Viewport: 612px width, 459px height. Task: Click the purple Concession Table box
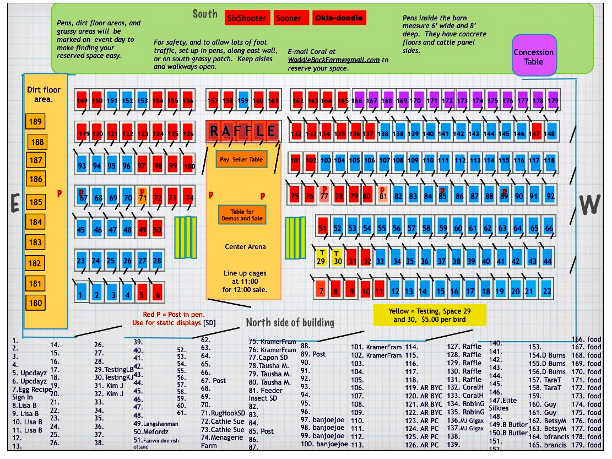pyautogui.click(x=533, y=56)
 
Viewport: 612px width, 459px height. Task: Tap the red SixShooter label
pyautogui.click(x=247, y=18)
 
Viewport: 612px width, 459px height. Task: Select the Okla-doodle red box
pyautogui.click(x=339, y=18)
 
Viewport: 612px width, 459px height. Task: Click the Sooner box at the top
pyautogui.click(x=289, y=18)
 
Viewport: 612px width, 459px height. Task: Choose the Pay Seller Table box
pyautogui.click(x=241, y=159)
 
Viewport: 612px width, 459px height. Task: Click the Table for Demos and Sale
pyautogui.click(x=242, y=214)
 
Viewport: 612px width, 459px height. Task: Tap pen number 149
pyautogui.click(x=82, y=101)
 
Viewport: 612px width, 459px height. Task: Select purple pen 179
pyautogui.click(x=553, y=101)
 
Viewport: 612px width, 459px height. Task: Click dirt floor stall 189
pyautogui.click(x=35, y=122)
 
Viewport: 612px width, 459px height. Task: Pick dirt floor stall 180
pyautogui.click(x=35, y=303)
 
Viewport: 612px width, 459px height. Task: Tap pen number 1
pyautogui.click(x=81, y=293)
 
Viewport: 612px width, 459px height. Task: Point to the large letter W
pyautogui.click(x=590, y=204)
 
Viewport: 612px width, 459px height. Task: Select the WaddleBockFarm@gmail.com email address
pyautogui.click(x=334, y=60)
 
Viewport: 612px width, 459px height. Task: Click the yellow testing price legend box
pyautogui.click(x=430, y=315)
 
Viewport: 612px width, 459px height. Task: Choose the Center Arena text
pyautogui.click(x=245, y=246)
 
